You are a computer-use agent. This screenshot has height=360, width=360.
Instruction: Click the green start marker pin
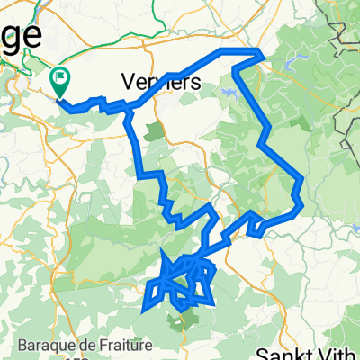[60, 82]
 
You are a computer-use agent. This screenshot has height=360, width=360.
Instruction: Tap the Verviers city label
[158, 82]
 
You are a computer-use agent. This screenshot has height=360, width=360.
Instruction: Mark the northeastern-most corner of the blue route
[262, 54]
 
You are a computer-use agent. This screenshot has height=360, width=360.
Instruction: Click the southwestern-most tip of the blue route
[144, 311]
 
